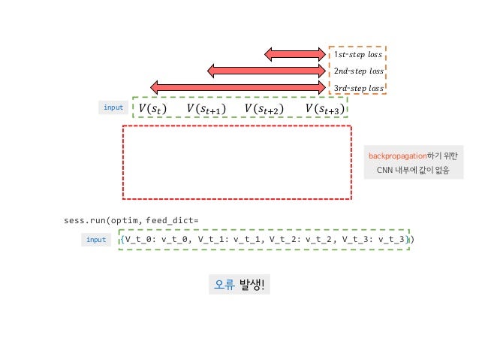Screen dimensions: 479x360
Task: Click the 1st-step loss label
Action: point(358,55)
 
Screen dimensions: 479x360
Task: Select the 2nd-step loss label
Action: point(358,71)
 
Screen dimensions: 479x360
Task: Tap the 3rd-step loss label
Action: point(358,89)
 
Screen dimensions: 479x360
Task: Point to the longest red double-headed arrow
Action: point(238,88)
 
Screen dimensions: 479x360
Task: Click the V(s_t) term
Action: point(152,109)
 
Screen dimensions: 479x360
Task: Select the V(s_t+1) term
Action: point(206,109)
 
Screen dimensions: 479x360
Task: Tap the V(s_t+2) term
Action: point(264,109)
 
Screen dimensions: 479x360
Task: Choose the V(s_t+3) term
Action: point(325,109)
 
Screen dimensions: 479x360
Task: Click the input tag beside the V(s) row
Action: point(113,108)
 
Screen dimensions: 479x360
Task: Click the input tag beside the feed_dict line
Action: point(96,240)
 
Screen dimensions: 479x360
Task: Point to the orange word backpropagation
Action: point(396,156)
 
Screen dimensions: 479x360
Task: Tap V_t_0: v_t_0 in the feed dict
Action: point(155,240)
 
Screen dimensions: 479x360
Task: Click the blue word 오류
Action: point(224,284)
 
